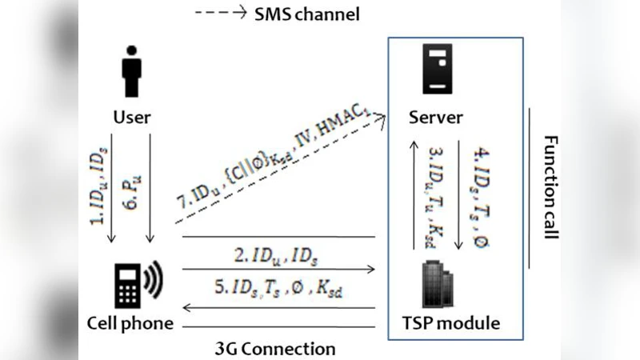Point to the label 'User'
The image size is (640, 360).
[131, 118]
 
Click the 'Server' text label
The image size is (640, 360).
[435, 118]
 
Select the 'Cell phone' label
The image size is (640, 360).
[130, 323]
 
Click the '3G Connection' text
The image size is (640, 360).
[275, 349]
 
